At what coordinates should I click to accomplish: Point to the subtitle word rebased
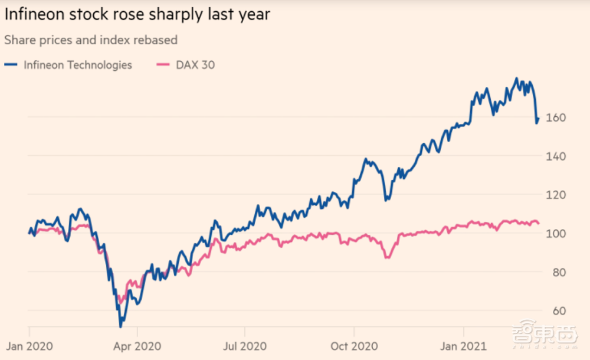pyautogui.click(x=154, y=40)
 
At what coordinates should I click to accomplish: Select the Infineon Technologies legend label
pyautogui.click(x=78, y=65)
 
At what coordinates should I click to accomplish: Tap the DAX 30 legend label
pyautogui.click(x=195, y=65)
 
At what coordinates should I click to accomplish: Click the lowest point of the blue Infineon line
pyautogui.click(x=120, y=326)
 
